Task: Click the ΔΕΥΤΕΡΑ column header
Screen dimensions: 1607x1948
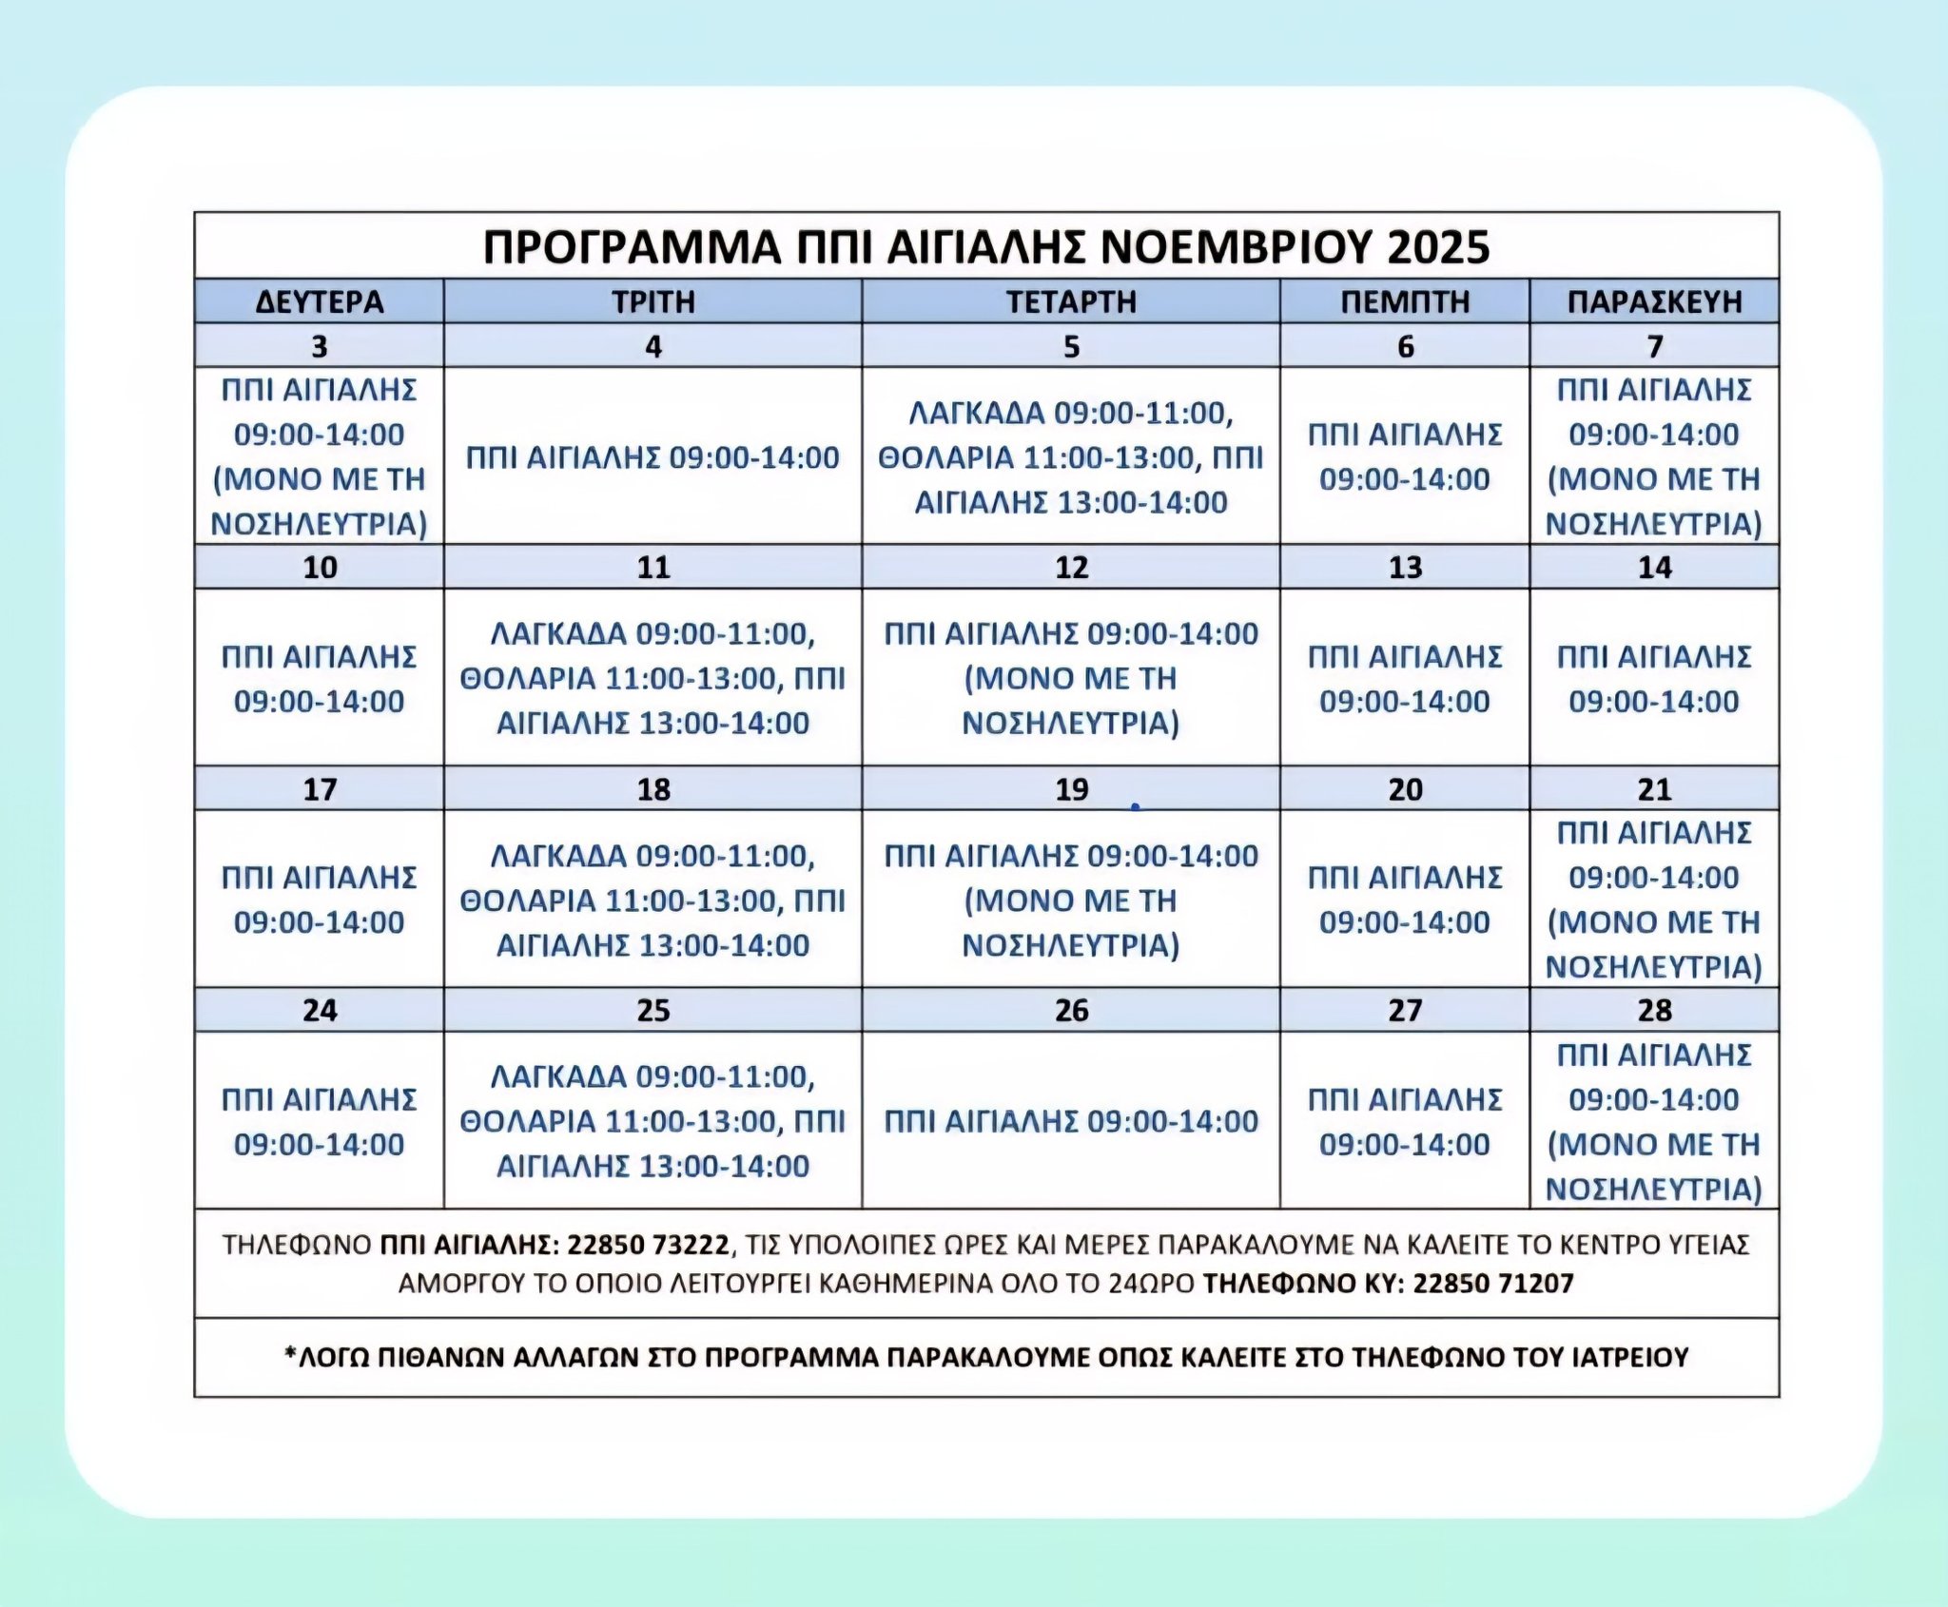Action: (320, 301)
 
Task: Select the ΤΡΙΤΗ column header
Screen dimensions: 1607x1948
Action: (653, 301)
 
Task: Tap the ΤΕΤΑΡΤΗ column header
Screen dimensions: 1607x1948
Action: (1071, 301)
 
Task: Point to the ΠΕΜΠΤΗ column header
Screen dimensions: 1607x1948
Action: (1405, 301)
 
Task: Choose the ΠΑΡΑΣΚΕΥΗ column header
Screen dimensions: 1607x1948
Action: (1654, 301)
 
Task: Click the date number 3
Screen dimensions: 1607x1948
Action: (320, 346)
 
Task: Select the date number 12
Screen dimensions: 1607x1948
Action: (1071, 568)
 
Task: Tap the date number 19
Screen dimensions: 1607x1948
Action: (1071, 789)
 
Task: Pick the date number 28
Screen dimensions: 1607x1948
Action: (1654, 1010)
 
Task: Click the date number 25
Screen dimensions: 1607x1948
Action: (653, 1010)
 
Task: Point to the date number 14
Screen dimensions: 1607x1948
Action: (1654, 568)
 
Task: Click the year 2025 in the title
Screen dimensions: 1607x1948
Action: (1438, 247)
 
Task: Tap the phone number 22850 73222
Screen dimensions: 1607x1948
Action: (648, 1245)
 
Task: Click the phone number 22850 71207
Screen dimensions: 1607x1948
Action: (1493, 1284)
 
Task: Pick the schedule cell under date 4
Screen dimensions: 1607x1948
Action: (653, 457)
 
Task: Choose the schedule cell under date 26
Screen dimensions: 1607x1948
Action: (1071, 1121)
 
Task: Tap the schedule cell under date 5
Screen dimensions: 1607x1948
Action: (1071, 457)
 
